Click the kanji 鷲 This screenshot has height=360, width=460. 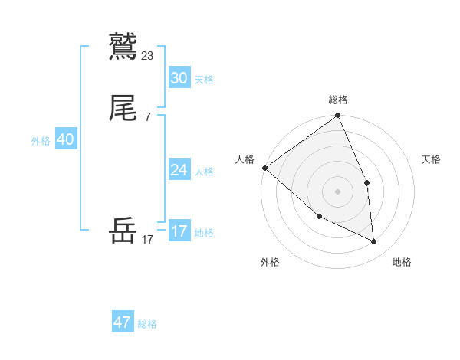tap(123, 47)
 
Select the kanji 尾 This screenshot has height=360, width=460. tap(123, 110)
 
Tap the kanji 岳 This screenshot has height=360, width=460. tap(123, 231)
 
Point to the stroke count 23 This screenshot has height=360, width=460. tap(148, 55)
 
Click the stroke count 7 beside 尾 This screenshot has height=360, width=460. tap(148, 117)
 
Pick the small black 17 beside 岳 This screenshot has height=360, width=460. tap(148, 239)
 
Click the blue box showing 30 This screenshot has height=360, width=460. tap(179, 78)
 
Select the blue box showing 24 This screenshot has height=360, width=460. tap(179, 170)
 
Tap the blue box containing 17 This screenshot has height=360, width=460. tap(179, 231)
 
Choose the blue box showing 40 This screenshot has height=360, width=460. tap(65, 139)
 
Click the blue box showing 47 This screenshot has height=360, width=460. tap(122, 322)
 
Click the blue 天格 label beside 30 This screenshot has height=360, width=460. tap(204, 80)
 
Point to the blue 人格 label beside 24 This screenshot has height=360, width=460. tap(204, 172)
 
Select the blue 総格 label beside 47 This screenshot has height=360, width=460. tap(147, 324)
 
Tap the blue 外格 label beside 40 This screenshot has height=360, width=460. tap(41, 141)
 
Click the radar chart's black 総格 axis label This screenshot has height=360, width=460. tap(338, 100)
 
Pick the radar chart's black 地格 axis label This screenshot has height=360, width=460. tap(402, 262)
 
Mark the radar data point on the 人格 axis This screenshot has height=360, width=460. tap(264, 168)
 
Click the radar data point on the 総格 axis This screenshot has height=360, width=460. tap(338, 116)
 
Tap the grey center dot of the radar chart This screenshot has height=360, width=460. tap(337, 191)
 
